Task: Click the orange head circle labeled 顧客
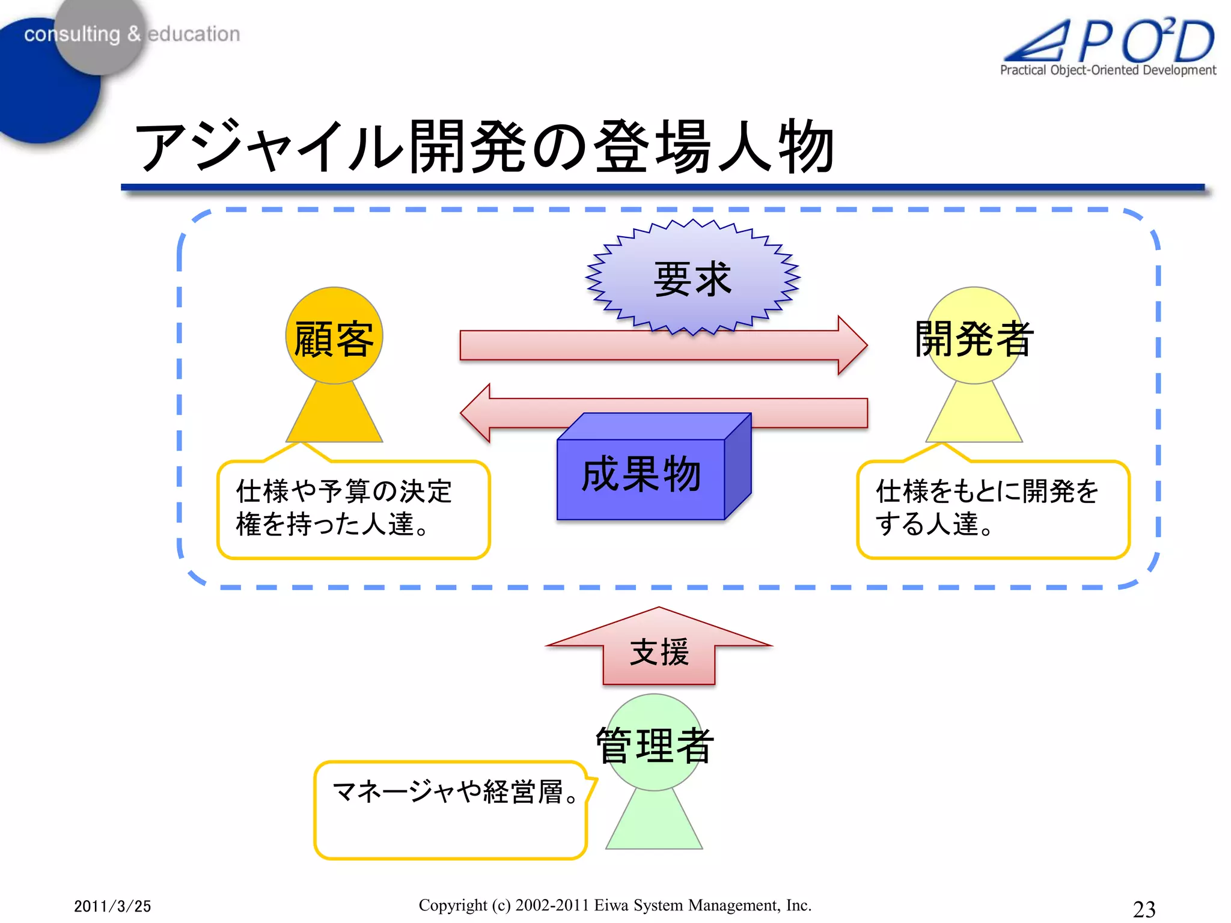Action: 334,337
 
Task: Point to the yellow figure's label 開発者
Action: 974,339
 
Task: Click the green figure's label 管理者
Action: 655,745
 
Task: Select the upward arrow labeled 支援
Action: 659,651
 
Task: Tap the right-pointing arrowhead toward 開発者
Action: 851,346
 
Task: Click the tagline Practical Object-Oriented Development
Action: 1107,70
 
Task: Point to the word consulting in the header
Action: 72,34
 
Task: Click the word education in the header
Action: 194,34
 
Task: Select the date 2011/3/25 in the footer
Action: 112,906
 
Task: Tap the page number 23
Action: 1144,909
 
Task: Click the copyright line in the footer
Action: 615,905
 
